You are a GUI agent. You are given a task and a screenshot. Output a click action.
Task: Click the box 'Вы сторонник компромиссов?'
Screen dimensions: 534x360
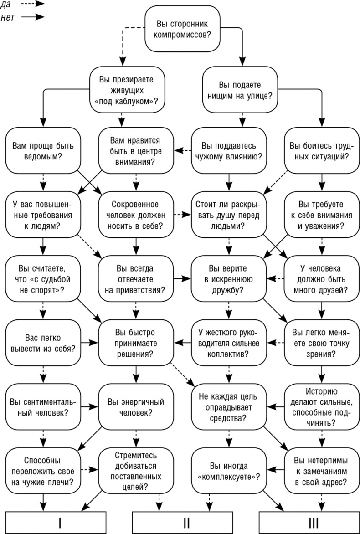point(180,29)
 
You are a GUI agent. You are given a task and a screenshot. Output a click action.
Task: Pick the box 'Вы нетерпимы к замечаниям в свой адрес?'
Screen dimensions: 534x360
point(319,471)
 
